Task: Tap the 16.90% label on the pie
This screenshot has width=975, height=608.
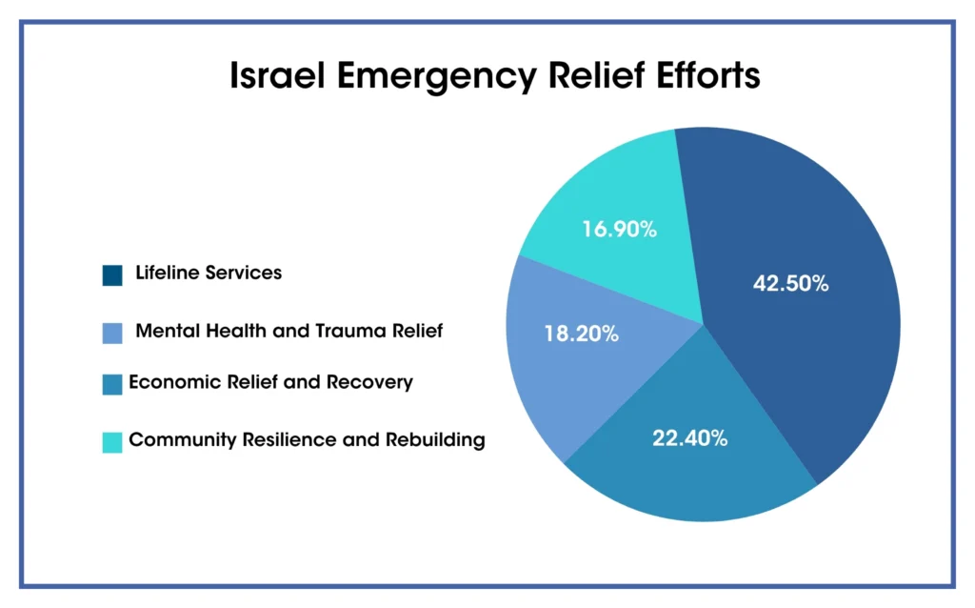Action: click(x=620, y=229)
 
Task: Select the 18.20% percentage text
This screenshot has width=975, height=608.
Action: click(x=581, y=334)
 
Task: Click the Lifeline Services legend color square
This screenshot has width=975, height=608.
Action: click(x=112, y=275)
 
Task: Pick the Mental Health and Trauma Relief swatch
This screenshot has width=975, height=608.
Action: click(x=112, y=334)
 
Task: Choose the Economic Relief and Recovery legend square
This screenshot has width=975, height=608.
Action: click(x=112, y=385)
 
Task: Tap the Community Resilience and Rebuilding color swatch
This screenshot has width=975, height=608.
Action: click(x=112, y=442)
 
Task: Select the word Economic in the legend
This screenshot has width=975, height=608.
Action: click(x=169, y=383)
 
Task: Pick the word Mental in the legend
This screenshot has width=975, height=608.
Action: click(x=166, y=331)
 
